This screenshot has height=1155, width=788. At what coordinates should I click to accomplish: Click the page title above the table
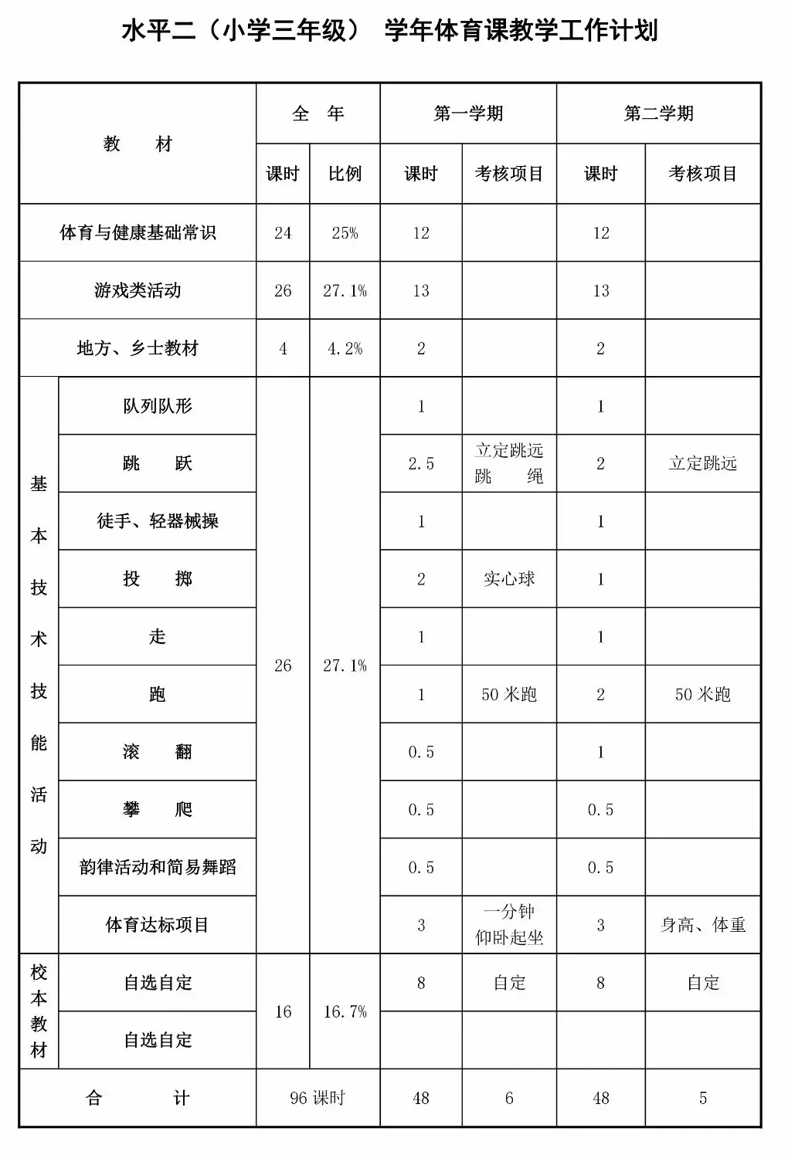(389, 31)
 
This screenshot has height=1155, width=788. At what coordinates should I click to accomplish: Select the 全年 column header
(318, 113)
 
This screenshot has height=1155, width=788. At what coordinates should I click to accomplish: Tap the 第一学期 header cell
(468, 113)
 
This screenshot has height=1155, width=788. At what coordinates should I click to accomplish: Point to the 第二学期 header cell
(658, 113)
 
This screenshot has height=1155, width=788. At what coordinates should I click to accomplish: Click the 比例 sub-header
(345, 174)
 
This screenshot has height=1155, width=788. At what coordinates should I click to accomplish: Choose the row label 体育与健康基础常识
(138, 232)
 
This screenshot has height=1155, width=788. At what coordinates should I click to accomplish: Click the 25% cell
(345, 233)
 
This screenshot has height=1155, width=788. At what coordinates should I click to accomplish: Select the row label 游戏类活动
(138, 290)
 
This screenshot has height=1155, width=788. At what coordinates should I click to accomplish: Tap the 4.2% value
(345, 349)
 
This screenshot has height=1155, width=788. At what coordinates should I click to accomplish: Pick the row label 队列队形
(158, 406)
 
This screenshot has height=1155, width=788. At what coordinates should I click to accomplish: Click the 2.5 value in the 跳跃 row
(421, 464)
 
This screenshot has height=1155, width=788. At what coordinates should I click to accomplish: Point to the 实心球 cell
(509, 579)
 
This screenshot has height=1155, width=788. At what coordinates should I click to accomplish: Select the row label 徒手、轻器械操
(158, 521)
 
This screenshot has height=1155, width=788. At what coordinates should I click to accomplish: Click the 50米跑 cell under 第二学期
(702, 695)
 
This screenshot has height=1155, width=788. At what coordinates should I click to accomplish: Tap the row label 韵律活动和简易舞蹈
(158, 867)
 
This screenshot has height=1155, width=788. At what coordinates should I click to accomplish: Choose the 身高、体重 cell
(702, 925)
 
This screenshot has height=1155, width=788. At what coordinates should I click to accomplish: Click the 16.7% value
(345, 1011)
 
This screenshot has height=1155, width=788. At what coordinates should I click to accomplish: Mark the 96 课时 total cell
(318, 1098)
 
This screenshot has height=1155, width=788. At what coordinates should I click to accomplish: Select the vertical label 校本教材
(39, 1011)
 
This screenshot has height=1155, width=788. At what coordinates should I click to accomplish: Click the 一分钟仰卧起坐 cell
(509, 925)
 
